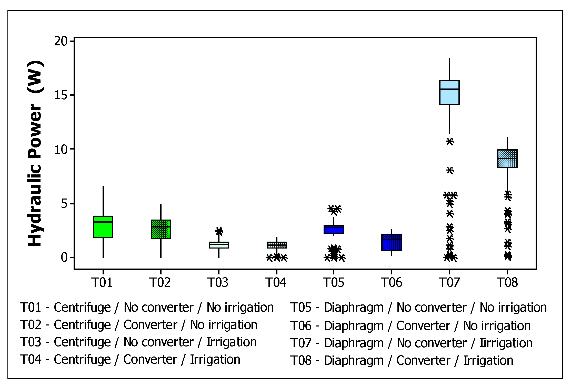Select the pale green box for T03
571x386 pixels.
[219, 245]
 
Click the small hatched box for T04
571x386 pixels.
[277, 245]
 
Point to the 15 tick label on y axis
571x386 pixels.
[61, 95]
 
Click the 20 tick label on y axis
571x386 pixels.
[61, 41]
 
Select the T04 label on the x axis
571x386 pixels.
[276, 283]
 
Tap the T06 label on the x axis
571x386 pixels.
[392, 283]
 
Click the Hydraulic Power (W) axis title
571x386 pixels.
[35, 153]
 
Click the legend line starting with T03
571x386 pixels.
[138, 342]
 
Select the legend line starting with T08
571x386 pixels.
[402, 360]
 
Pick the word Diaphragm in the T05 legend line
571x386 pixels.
[354, 307]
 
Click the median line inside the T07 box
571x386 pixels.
[449, 89]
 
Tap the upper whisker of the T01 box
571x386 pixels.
[103, 201]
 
